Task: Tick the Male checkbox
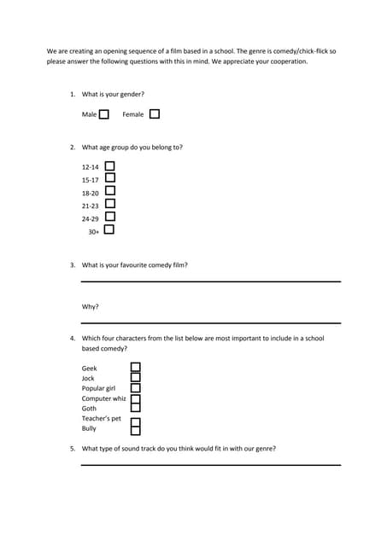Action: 104,114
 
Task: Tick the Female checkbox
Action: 154,114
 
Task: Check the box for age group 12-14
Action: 109,166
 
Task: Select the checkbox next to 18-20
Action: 109,192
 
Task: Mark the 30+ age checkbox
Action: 108,229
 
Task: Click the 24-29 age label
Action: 91,218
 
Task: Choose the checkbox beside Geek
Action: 135,368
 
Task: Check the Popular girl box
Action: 135,387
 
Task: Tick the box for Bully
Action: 135,429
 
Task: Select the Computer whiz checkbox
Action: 135,398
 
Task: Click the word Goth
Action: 89,409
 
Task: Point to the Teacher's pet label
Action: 101,419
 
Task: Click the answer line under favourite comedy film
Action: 210,282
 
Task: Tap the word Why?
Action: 90,306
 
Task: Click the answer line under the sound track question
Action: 210,465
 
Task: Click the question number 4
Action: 73,339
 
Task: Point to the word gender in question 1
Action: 129,94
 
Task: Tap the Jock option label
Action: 88,378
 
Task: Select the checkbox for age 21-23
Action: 109,204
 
